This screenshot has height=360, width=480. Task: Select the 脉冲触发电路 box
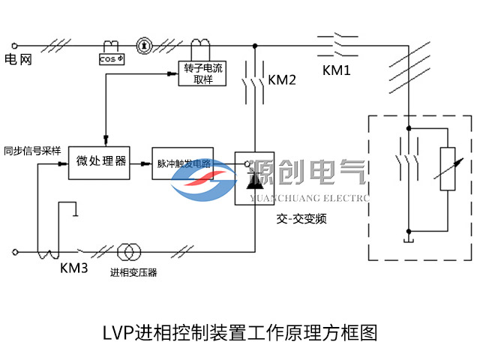[183, 162]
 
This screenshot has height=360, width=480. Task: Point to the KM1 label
[337, 70]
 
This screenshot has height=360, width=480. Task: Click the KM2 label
[282, 79]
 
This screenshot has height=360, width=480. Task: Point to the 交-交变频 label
[301, 219]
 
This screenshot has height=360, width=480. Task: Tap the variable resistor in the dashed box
[446, 169]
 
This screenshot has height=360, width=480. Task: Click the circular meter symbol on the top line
[145, 46]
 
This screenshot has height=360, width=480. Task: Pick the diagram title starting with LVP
[238, 331]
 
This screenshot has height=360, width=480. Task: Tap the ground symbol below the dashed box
[407, 239]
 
